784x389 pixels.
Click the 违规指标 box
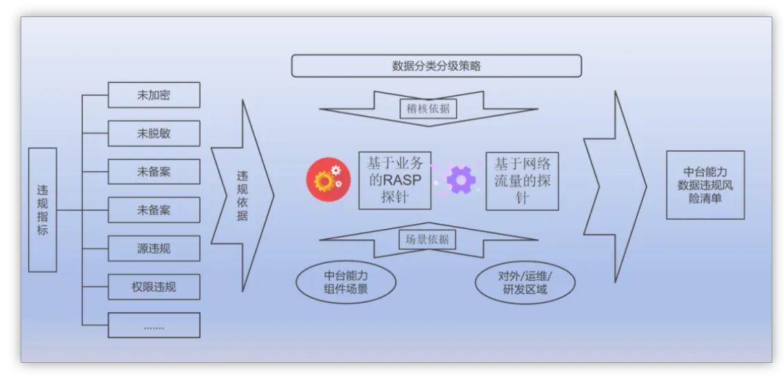pyautogui.click(x=43, y=210)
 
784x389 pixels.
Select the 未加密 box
pyautogui.click(x=154, y=95)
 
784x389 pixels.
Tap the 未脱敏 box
pyautogui.click(x=154, y=133)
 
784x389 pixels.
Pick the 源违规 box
pyautogui.click(x=154, y=248)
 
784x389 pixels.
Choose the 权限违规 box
pyautogui.click(x=154, y=287)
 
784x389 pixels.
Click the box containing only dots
pyautogui.click(x=154, y=325)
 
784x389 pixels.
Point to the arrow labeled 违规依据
pyautogui.click(x=243, y=196)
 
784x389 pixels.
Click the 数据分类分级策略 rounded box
pyautogui.click(x=436, y=66)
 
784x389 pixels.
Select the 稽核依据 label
pyautogui.click(x=428, y=108)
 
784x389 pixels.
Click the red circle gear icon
pyautogui.click(x=328, y=179)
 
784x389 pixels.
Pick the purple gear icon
pyautogui.click(x=460, y=179)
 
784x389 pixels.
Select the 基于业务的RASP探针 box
pyautogui.click(x=394, y=181)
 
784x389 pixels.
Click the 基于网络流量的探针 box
pyautogui.click(x=522, y=181)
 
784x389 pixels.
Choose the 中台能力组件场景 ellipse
pyautogui.click(x=346, y=282)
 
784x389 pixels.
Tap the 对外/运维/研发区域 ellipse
pyautogui.click(x=525, y=282)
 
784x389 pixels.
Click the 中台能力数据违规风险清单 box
pyautogui.click(x=705, y=185)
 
